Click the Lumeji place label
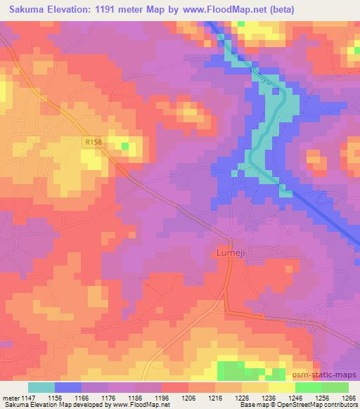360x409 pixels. click(x=231, y=251)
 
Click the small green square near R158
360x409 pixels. click(x=125, y=146)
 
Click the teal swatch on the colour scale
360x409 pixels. click(x=41, y=387)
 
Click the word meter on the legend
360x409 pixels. click(x=9, y=398)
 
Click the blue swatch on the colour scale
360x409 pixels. click(x=68, y=387)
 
